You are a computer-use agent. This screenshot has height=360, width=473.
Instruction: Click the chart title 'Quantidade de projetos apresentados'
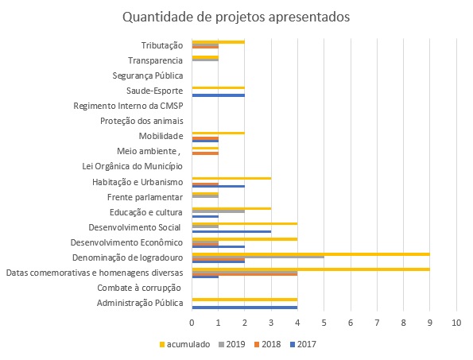click(236, 17)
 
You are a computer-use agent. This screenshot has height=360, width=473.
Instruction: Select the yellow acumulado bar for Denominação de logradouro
click(311, 254)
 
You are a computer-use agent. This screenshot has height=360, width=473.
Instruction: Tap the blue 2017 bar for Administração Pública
click(245, 308)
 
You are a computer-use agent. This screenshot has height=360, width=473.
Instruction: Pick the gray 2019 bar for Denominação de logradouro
click(258, 257)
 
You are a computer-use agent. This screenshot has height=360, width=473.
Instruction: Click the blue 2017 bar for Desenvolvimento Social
click(231, 231)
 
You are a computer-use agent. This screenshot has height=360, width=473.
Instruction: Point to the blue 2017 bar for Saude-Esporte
click(218, 95)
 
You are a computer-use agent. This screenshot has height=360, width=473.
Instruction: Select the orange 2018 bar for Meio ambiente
click(205, 153)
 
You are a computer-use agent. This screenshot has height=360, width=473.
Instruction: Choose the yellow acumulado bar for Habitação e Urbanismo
click(231, 178)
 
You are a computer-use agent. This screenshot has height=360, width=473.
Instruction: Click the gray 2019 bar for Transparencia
click(205, 60)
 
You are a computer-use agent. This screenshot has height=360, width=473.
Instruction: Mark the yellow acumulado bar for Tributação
click(218, 42)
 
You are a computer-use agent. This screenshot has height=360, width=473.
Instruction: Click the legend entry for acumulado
click(184, 344)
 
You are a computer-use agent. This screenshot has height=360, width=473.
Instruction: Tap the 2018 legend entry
click(268, 344)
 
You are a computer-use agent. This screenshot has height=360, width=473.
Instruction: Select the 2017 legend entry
click(303, 344)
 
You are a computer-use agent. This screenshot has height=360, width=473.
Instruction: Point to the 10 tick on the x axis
click(456, 323)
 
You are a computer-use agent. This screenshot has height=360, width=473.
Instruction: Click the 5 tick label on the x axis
click(324, 323)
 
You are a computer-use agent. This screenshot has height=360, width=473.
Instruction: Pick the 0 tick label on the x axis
click(192, 323)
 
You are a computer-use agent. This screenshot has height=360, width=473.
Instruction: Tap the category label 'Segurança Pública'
click(148, 75)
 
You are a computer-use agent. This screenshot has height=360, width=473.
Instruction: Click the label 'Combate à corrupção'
click(139, 288)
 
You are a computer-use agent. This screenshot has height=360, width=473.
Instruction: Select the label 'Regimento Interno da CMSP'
click(128, 106)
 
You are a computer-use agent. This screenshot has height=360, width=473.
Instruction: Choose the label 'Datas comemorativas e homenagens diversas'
click(95, 273)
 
